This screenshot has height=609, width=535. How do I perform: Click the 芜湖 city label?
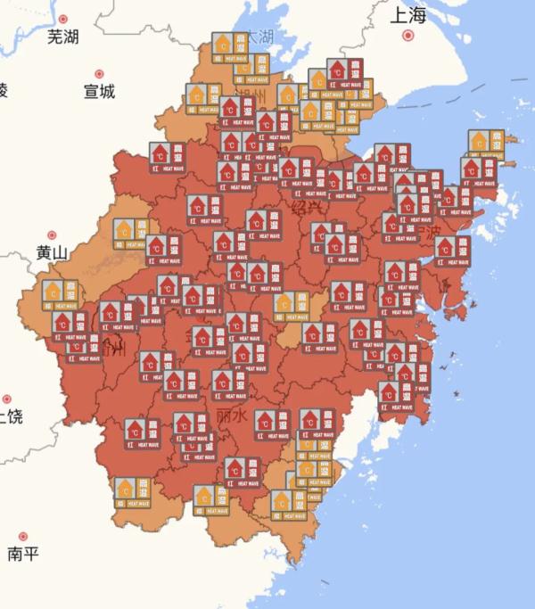coord(62,37)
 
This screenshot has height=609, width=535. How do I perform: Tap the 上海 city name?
coord(409,15)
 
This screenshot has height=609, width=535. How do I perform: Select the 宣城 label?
coord(99,91)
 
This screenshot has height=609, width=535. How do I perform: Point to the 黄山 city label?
coord(52,253)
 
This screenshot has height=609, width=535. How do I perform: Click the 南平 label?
coord(23,554)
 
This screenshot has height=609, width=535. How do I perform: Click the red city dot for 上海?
coord(409,36)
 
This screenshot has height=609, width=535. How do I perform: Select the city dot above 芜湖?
coord(62,18)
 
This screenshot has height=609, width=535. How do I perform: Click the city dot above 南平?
coord(23,536)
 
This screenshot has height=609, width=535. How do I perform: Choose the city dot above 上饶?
coord(7,399)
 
